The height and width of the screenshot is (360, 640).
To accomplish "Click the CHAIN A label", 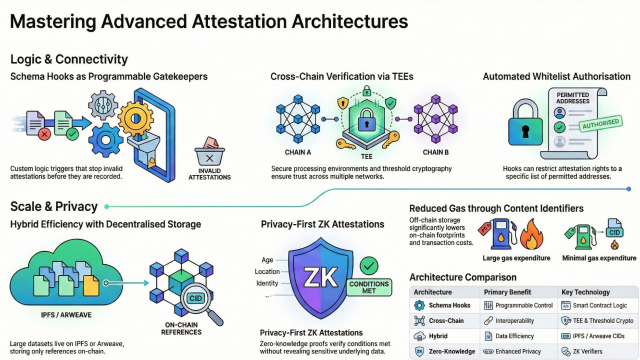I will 297,152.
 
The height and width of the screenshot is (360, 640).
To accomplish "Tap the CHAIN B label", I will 435,152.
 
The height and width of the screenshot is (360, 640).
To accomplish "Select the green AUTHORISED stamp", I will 600,123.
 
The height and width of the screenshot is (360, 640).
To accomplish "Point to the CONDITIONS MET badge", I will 369,287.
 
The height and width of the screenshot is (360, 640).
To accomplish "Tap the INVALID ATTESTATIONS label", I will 209,174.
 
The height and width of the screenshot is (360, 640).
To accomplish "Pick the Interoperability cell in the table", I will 514,321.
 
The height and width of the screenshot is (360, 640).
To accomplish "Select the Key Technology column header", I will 585,292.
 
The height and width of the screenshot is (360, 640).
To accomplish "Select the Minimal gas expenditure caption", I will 599,258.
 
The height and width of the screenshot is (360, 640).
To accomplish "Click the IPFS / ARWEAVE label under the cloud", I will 66,315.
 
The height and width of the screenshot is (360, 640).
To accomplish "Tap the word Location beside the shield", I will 267,271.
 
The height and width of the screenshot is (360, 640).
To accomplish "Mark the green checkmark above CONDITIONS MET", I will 369,265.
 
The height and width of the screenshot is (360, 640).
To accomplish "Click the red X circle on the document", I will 44,133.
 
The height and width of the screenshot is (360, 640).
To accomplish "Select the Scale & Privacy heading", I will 54,206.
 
